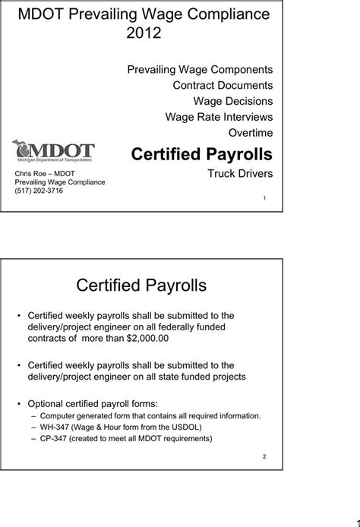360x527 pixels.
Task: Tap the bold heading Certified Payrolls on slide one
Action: [x=201, y=154]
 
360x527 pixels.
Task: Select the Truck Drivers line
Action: [x=240, y=174]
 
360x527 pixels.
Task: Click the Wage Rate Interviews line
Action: [x=219, y=116]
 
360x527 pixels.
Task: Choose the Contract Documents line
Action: [x=223, y=85]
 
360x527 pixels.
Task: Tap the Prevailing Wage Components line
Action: [x=200, y=69]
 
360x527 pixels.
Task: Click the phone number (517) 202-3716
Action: [x=39, y=191]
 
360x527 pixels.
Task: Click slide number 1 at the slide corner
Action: [x=264, y=198]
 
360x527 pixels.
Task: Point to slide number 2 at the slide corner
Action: [x=264, y=456]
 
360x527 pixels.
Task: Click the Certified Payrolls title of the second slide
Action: [x=141, y=286]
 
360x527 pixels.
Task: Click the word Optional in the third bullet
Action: [x=46, y=402]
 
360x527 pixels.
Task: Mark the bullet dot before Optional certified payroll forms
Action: [x=18, y=402]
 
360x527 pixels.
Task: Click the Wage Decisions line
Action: [x=233, y=101]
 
